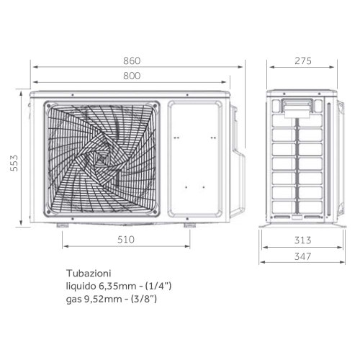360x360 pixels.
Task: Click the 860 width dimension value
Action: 130,60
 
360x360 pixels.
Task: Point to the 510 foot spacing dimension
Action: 127,239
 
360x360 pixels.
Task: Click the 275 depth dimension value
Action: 302,60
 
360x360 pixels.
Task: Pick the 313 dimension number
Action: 302,240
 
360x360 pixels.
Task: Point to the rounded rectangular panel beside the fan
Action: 196,158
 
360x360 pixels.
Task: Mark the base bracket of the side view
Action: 301,225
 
